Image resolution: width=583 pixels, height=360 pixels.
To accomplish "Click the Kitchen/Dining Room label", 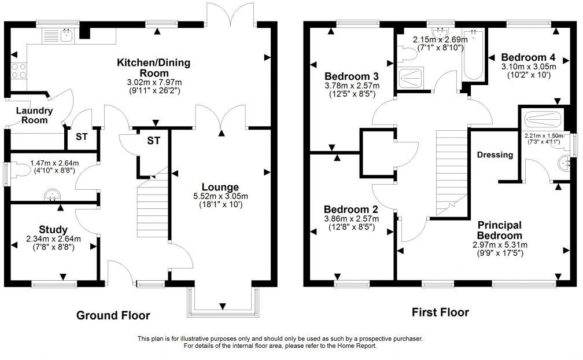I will [x=153, y=68].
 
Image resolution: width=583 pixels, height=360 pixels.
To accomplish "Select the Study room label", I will [x=53, y=230].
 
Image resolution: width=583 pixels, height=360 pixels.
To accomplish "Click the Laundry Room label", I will [x=34, y=115].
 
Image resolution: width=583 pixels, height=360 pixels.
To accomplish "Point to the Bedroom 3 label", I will [x=352, y=76].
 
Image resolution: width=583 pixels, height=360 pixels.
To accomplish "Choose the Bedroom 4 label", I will [x=528, y=57].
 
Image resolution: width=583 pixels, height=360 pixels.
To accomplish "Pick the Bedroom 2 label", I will [x=351, y=209].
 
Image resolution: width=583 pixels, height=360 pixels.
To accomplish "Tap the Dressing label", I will [x=495, y=155].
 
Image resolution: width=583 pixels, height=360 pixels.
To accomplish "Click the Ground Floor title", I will [x=113, y=315].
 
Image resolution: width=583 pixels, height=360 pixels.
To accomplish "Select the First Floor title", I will [x=440, y=313].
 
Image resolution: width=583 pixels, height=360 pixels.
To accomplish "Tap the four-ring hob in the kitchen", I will [x=18, y=70].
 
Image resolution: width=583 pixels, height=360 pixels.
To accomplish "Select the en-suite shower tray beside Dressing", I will [x=542, y=120].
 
